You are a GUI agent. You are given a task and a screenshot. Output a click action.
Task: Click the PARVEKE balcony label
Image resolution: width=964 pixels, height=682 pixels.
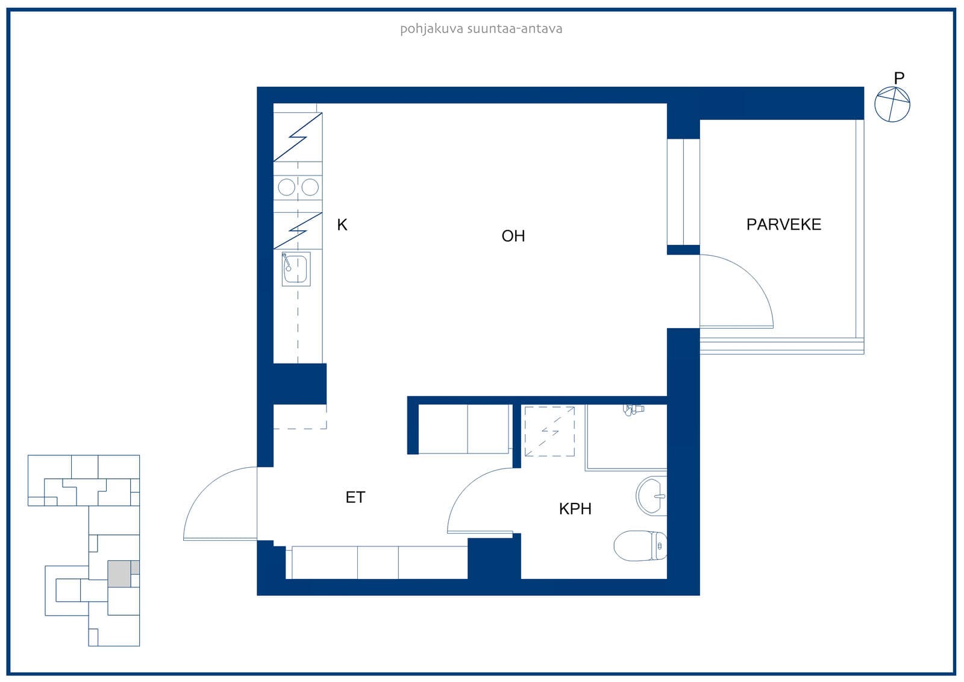tap(783, 224)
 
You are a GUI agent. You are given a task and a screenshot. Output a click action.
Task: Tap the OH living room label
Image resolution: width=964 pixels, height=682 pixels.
tap(513, 236)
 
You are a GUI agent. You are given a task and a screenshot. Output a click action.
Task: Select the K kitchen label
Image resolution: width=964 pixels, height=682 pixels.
tap(342, 225)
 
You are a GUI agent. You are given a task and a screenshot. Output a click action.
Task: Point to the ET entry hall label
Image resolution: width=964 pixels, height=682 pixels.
tap(355, 497)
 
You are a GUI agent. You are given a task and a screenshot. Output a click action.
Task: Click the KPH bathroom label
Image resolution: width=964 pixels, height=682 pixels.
tap(575, 509)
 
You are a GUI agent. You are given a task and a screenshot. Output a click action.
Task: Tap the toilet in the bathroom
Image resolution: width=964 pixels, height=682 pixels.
tap(640, 546)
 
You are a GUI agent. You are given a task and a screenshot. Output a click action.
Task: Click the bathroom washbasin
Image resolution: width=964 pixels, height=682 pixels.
tap(651, 496)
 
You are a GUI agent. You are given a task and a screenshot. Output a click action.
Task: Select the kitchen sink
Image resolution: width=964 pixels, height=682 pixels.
tap(296, 269)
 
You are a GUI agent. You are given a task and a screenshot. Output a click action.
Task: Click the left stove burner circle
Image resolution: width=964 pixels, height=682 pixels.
tap(287, 188)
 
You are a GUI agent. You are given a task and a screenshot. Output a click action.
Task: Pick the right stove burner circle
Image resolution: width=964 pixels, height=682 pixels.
tap(310, 188)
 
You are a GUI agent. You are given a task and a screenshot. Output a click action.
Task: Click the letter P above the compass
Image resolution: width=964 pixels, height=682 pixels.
tap(899, 78)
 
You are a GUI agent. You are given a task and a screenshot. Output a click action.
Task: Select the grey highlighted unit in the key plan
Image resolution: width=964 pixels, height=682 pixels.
tap(119, 574)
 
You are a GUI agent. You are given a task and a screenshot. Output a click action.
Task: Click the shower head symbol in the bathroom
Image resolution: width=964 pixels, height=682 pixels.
tap(633, 409)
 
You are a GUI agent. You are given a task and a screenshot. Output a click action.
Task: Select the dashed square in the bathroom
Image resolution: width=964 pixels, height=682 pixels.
tap(549, 431)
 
